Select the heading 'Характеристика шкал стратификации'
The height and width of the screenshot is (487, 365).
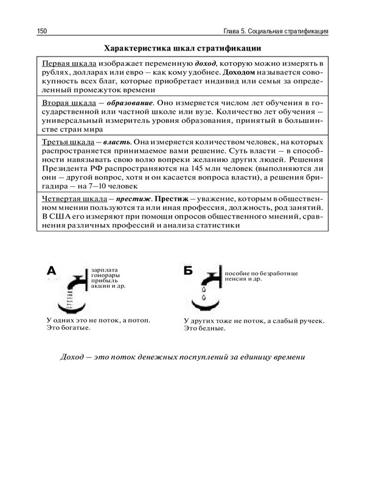point(182,48)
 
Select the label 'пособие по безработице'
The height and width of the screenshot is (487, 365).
point(262,275)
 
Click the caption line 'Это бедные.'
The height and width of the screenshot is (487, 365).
point(204,328)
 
